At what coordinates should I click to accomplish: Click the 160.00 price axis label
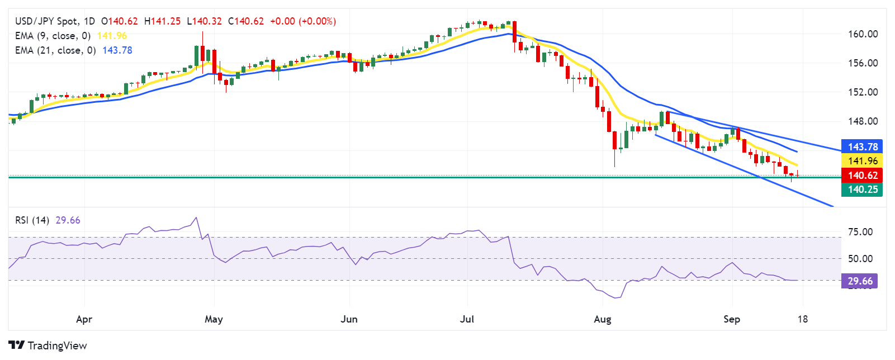[863, 34]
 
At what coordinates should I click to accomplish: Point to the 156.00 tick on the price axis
[863, 63]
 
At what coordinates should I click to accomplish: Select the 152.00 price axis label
[863, 92]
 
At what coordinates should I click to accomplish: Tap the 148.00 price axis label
[863, 121]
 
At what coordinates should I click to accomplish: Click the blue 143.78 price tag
[862, 147]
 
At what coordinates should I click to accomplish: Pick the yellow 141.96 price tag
[862, 161]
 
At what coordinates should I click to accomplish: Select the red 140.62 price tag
[862, 176]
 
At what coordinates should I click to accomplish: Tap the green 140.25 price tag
[862, 190]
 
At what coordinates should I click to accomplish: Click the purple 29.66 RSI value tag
[859, 281]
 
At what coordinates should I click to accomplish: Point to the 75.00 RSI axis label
[860, 232]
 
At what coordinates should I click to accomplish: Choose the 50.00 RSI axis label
[860, 259]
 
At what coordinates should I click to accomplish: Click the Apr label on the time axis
[84, 319]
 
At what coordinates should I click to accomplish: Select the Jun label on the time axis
[349, 319]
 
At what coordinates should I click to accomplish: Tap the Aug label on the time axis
[602, 319]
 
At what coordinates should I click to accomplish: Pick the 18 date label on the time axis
[802, 319]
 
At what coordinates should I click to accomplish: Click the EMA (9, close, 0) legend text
[53, 36]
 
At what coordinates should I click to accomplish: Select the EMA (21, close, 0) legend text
[55, 50]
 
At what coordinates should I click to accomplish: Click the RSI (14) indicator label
[32, 220]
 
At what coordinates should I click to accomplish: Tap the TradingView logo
[48, 345]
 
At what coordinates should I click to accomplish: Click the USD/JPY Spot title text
[46, 21]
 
